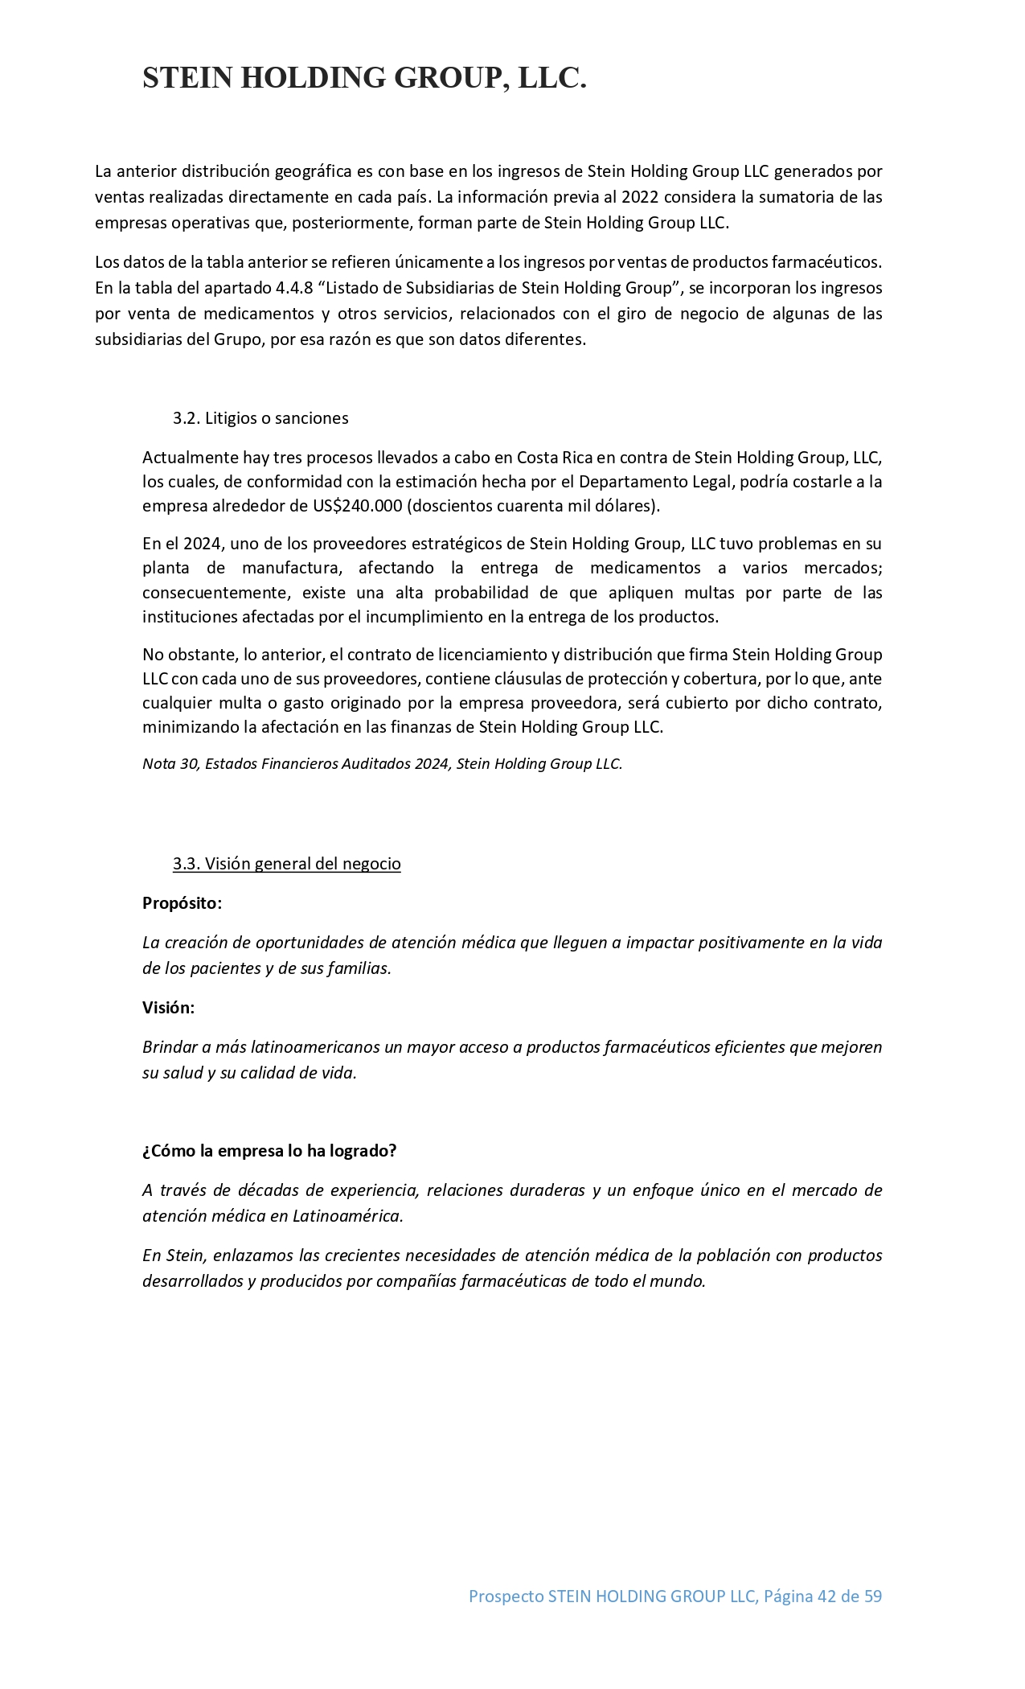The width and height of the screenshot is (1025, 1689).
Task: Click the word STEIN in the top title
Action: (188, 78)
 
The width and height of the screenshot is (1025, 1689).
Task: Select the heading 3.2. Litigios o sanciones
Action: (260, 418)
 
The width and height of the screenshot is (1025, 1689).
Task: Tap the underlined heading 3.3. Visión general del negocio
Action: (286, 864)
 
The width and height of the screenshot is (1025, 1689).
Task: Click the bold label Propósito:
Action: (182, 903)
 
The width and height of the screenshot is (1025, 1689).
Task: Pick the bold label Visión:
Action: (168, 1008)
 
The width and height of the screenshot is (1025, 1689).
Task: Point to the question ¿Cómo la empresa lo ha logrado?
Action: (269, 1151)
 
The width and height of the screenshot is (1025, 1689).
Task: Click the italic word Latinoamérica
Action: (346, 1216)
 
